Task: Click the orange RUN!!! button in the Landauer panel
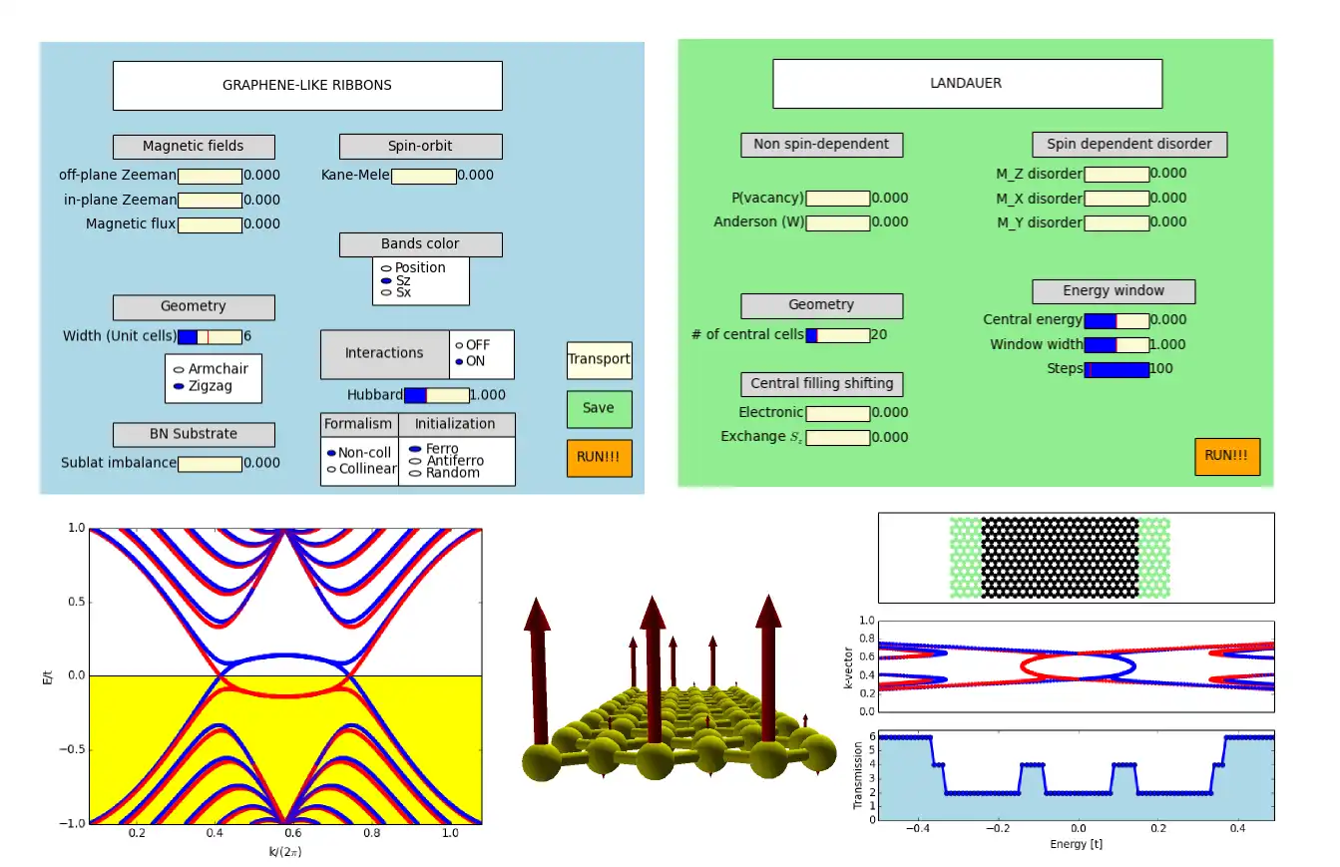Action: tap(1226, 456)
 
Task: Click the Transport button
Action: tap(599, 360)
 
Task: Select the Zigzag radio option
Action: tap(179, 386)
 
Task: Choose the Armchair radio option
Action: tap(179, 369)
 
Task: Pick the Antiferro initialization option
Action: tap(415, 461)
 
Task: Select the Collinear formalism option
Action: tap(331, 469)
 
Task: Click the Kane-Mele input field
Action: tap(423, 177)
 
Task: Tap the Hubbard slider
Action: tap(436, 395)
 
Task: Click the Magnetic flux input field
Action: tap(210, 224)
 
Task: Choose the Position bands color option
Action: tap(385, 268)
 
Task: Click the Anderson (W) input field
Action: tap(837, 222)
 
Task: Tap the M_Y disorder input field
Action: tap(1117, 222)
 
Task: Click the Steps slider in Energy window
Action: tap(1117, 369)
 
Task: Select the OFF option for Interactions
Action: tap(460, 345)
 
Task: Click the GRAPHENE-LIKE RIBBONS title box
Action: tap(307, 86)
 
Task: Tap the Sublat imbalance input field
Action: tap(210, 464)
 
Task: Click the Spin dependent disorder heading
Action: tap(1128, 145)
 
